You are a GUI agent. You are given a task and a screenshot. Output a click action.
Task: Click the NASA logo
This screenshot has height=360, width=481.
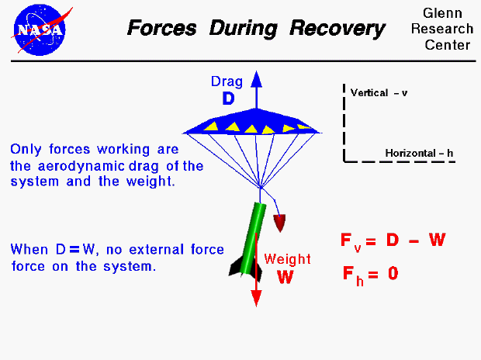click(x=39, y=27)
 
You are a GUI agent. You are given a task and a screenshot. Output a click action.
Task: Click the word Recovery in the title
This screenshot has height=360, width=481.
click(x=337, y=29)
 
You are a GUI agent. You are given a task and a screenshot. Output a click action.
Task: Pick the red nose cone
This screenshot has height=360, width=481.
click(x=280, y=223)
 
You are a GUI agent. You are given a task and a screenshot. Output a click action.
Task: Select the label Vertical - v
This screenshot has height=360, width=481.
click(x=379, y=92)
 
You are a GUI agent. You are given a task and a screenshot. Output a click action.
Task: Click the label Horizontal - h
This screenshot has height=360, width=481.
click(x=419, y=153)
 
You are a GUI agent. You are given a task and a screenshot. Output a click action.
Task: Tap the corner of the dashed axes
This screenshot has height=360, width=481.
click(x=344, y=161)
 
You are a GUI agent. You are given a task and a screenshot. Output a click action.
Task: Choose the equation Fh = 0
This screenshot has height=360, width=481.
click(x=370, y=274)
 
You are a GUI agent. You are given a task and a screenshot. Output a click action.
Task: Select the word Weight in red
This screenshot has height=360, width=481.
click(x=287, y=259)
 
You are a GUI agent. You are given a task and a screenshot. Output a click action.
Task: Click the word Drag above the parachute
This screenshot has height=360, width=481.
click(x=227, y=81)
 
